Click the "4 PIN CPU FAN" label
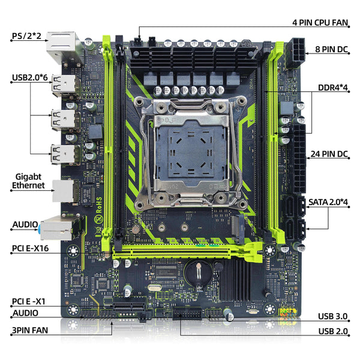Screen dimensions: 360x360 click(x=320, y=22)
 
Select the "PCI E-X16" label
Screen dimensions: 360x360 click(x=32, y=247)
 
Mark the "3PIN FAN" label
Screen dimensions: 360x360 click(x=29, y=329)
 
